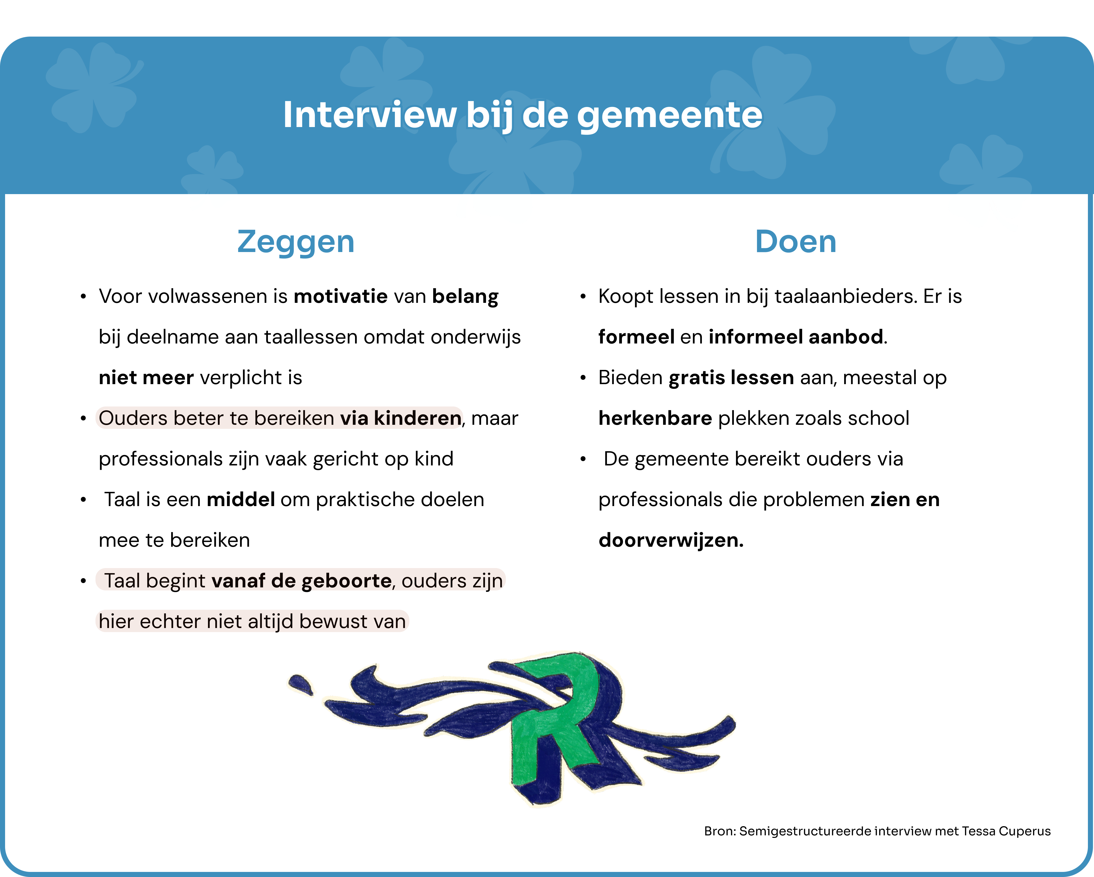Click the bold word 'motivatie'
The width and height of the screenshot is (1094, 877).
pyautogui.click(x=341, y=296)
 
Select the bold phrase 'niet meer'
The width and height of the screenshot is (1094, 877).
pyautogui.click(x=146, y=378)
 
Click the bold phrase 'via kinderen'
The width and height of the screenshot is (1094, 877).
pyautogui.click(x=400, y=418)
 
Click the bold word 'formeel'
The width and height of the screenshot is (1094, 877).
pyautogui.click(x=636, y=337)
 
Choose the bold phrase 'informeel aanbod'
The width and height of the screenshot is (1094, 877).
pyautogui.click(x=796, y=337)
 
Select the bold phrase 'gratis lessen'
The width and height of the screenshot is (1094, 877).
pyautogui.click(x=731, y=378)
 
